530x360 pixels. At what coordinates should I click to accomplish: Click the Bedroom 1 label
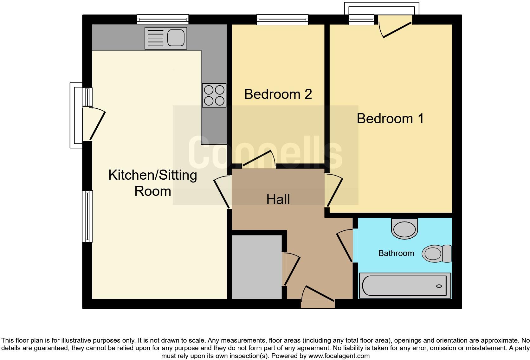click(x=390, y=119)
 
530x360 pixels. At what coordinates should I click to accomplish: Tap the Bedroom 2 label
click(x=278, y=94)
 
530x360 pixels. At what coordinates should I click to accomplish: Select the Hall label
click(x=278, y=199)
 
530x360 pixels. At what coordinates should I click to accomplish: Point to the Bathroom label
click(x=396, y=253)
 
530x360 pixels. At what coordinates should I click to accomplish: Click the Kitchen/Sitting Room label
click(x=152, y=183)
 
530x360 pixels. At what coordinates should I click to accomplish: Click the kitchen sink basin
click(x=176, y=38)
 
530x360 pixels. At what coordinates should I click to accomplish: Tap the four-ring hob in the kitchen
click(x=214, y=95)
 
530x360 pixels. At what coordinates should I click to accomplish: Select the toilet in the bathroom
click(x=437, y=254)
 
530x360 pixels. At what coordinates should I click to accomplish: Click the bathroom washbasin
click(x=404, y=228)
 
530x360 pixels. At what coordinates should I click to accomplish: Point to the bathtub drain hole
click(x=439, y=286)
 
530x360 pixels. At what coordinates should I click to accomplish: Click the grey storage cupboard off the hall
click(x=257, y=267)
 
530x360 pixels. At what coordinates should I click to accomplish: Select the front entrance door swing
click(x=318, y=294)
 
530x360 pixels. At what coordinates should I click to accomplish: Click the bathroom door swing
click(x=345, y=246)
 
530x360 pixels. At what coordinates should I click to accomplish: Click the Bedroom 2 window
click(x=282, y=20)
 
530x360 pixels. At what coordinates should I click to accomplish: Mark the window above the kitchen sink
click(x=163, y=19)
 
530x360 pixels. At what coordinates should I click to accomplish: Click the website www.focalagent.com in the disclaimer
click(x=339, y=356)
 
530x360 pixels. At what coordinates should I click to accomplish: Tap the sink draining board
click(x=155, y=38)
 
